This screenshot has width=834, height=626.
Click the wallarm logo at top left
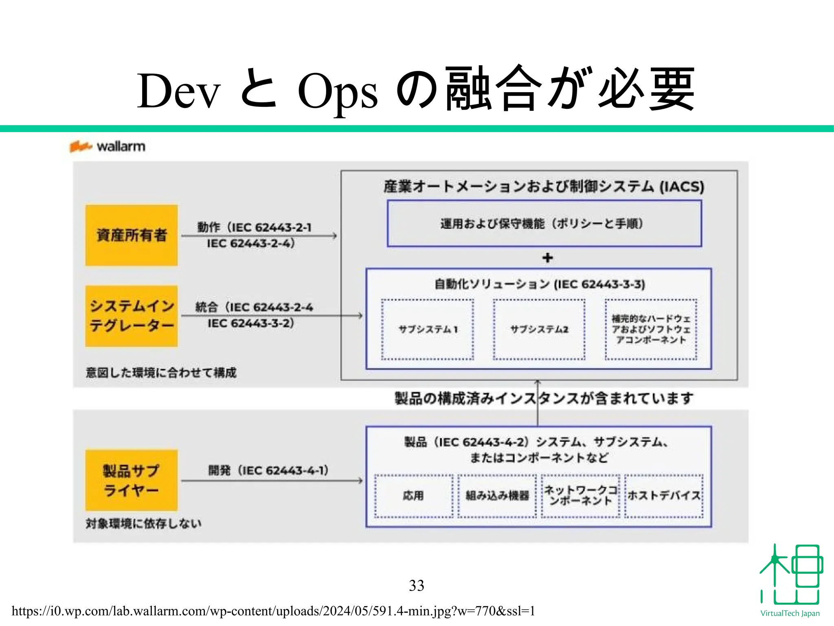point(108,146)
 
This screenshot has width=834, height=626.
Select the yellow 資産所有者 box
point(131,235)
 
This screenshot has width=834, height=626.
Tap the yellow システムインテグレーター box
point(131,316)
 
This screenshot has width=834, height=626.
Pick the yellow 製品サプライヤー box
point(131,480)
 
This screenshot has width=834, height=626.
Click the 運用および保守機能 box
point(544,224)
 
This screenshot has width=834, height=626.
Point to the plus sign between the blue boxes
point(548,258)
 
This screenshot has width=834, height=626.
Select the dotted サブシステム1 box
point(427,329)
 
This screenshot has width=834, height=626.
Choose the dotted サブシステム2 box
point(539,329)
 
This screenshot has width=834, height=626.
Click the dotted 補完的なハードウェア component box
point(651,329)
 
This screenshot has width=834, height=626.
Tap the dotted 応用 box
point(413,496)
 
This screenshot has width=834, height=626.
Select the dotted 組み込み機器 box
point(497,496)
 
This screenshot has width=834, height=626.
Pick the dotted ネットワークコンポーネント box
point(580,496)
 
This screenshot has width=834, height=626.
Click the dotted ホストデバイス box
point(664,496)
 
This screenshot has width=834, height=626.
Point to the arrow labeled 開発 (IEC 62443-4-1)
point(272,481)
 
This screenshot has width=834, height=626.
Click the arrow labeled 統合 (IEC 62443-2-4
point(272,315)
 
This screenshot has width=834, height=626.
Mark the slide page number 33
point(416,586)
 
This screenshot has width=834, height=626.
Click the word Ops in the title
point(338,91)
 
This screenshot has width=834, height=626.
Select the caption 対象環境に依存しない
point(143,523)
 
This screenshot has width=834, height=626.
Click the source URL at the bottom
point(273,611)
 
